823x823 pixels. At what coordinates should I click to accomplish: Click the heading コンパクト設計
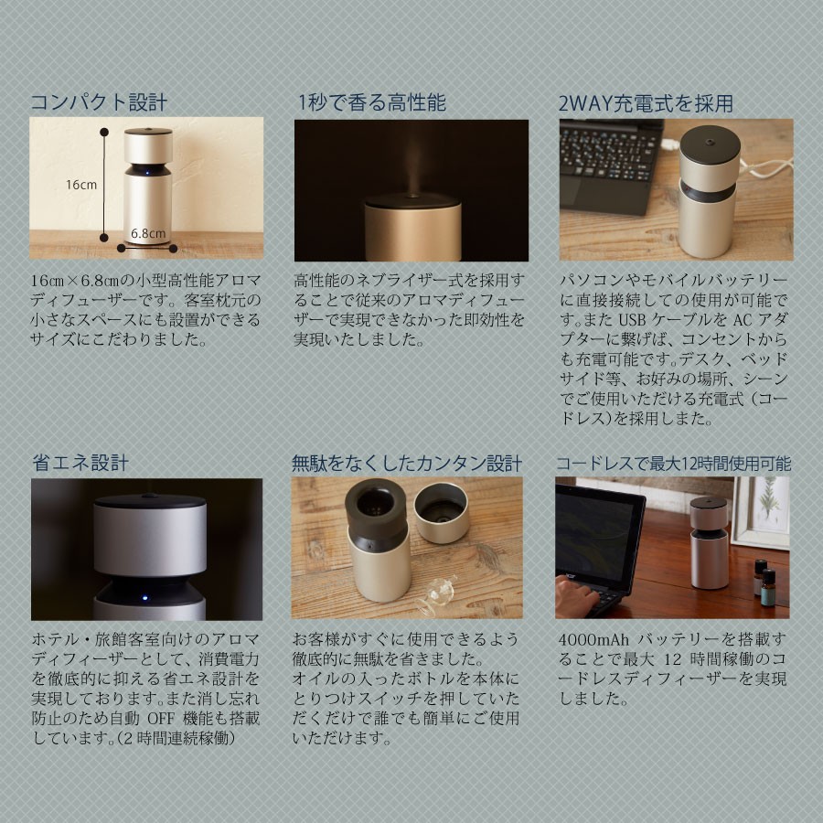click(99, 102)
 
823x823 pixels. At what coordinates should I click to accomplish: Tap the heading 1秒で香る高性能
click(371, 102)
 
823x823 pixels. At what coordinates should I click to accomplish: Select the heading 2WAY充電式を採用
click(646, 102)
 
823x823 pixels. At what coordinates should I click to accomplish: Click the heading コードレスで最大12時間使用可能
click(673, 463)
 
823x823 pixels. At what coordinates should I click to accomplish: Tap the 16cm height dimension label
click(81, 185)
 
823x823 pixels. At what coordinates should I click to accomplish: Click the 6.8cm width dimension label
click(147, 232)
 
